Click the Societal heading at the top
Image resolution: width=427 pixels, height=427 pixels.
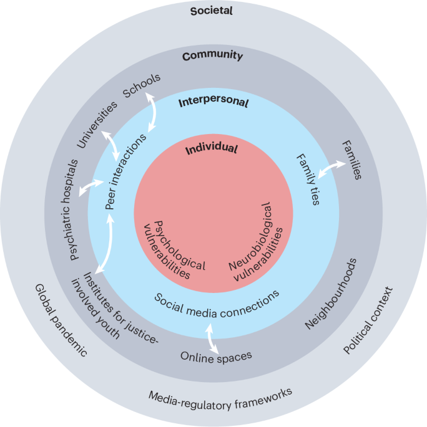point(213,11)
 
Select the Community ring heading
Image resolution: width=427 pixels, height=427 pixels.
point(213,56)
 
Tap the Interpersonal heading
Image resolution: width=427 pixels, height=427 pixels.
point(213,102)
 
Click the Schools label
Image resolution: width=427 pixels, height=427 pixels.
point(142,85)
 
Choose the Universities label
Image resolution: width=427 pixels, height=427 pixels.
point(97,125)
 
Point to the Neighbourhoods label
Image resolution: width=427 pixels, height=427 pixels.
point(330,293)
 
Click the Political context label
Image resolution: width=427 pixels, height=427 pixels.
point(370,320)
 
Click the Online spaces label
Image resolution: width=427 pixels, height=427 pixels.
point(216,357)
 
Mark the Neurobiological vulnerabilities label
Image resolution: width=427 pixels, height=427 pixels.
point(255,244)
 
